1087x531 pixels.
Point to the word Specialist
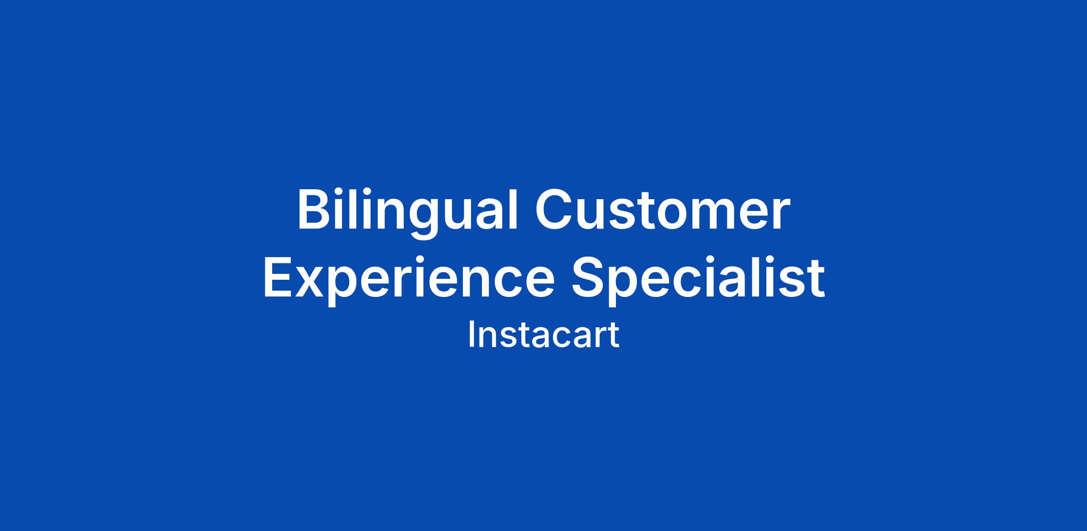click(698, 278)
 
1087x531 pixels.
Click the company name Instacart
click(543, 335)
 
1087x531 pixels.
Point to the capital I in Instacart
click(471, 335)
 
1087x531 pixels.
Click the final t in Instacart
click(613, 336)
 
